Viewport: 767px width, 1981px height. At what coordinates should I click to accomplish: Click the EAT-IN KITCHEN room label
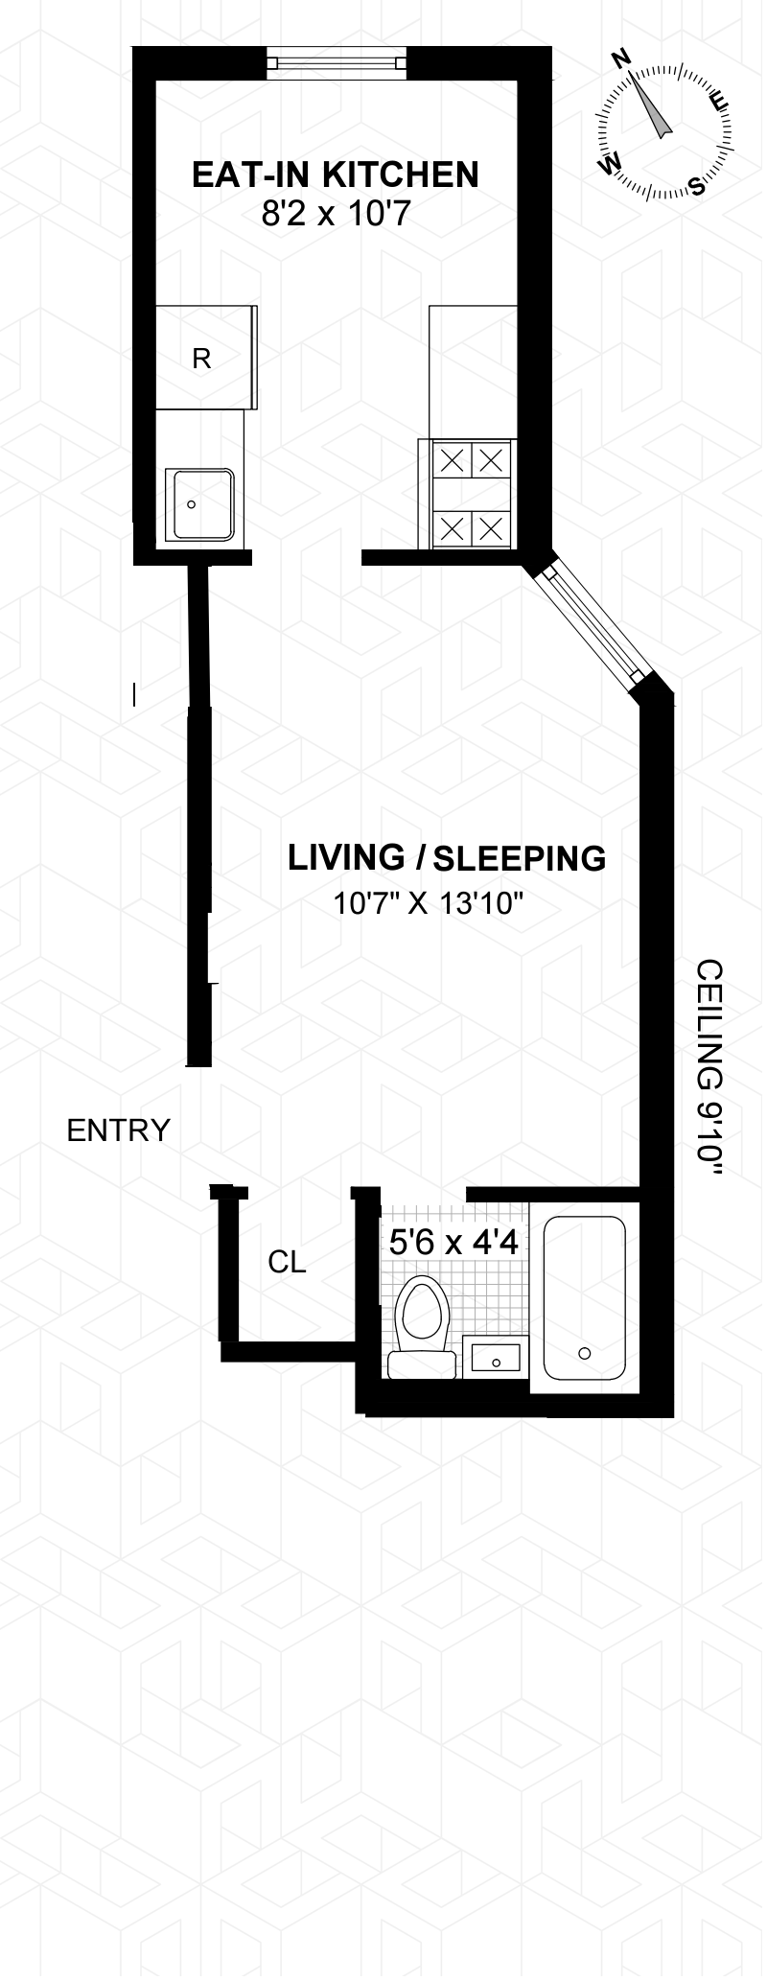point(336,175)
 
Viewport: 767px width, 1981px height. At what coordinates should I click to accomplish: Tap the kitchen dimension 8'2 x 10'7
point(336,214)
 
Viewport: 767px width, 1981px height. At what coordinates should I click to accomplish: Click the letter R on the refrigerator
point(201,359)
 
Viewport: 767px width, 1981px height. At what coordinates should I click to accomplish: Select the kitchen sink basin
point(200,504)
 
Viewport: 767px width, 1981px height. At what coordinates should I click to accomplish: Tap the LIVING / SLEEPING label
point(447,858)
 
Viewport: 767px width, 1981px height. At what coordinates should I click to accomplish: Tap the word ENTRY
point(118,1131)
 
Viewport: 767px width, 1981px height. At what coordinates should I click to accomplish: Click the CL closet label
point(287,1263)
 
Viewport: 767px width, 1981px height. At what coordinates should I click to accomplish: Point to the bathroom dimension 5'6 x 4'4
point(453,1244)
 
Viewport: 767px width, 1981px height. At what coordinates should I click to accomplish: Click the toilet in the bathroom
point(423,1328)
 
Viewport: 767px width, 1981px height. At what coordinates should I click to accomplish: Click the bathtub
point(585,1297)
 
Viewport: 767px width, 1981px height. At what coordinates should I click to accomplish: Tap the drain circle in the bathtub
point(585,1353)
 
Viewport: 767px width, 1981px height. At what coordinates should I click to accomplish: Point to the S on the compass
point(698,186)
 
